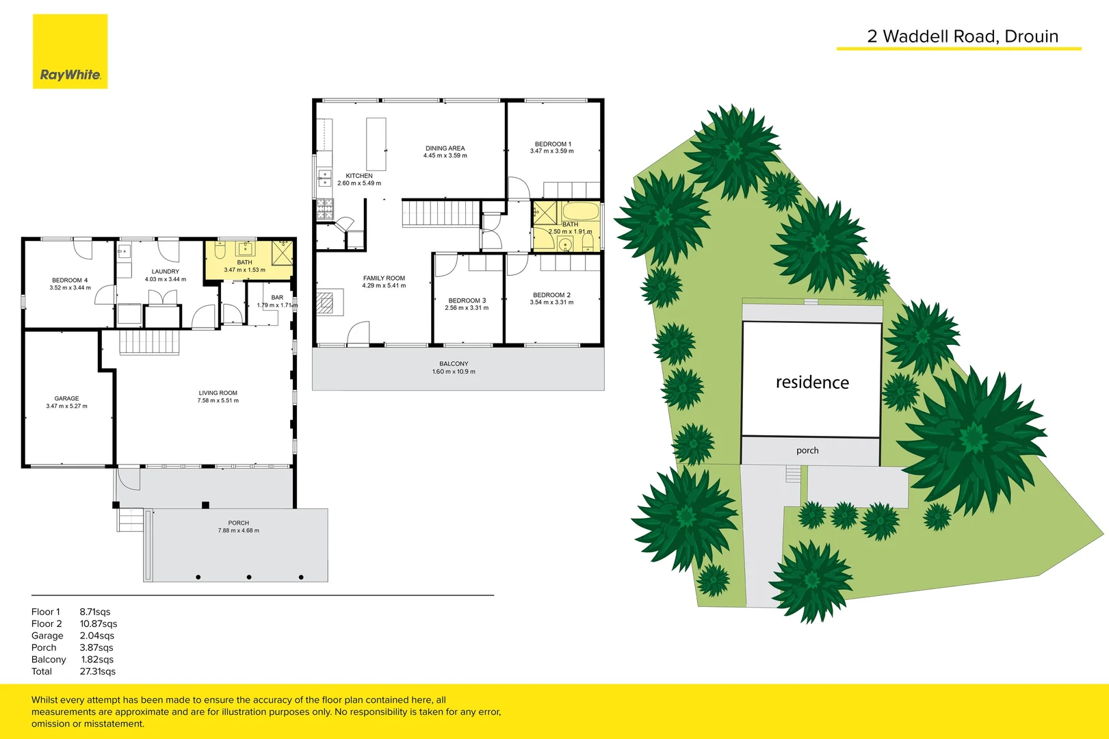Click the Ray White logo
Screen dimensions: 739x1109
coord(70,52)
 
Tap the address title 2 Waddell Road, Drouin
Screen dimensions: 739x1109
coord(962,37)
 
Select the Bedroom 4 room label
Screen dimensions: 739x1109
coord(70,281)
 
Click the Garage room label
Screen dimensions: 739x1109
coord(66,398)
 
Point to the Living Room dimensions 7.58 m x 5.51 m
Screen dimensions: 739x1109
coord(218,401)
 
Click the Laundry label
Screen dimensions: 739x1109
coord(166,272)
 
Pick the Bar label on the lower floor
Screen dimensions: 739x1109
coord(277,298)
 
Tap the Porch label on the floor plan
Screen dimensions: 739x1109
coord(239,523)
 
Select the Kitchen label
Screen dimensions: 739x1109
coord(359,176)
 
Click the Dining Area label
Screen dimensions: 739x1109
coord(445,148)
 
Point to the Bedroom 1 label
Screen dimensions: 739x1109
coord(553,144)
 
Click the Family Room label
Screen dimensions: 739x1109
coord(384,278)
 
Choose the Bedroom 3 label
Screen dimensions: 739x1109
coord(467,300)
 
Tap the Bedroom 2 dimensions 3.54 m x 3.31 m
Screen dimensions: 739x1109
coord(551,302)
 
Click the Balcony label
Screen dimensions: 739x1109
coord(454,364)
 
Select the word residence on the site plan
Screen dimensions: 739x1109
coord(812,383)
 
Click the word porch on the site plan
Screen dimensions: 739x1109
coord(807,450)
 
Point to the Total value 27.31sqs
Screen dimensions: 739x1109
coord(98,671)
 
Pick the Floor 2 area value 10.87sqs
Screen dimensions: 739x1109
coord(99,624)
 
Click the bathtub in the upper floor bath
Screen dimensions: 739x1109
coord(581,211)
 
